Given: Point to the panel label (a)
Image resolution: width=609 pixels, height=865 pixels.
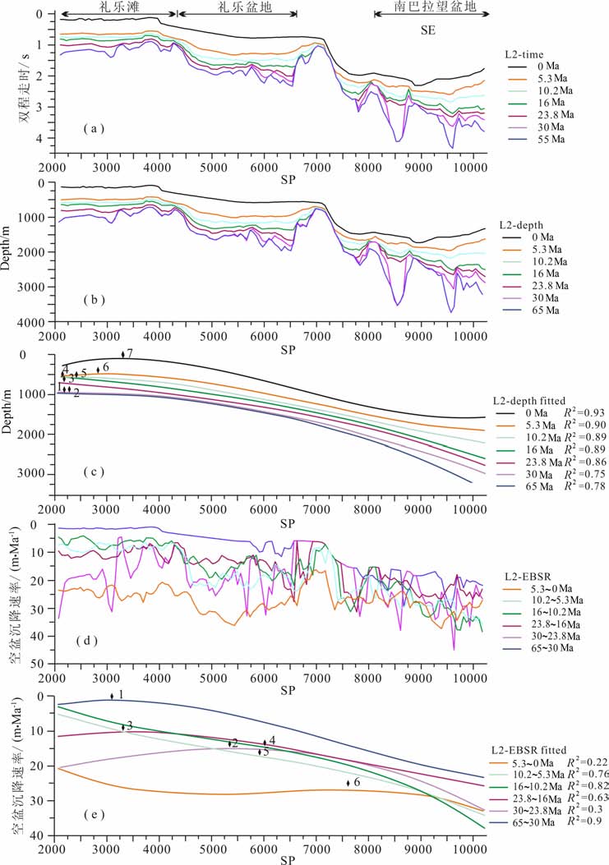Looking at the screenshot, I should [96, 128].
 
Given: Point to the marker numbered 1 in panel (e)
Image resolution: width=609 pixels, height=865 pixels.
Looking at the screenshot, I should [112, 696].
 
